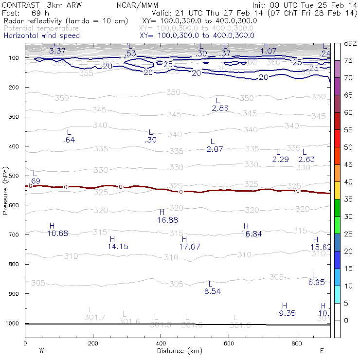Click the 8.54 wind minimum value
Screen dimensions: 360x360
click(213, 291)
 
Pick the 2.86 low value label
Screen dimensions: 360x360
click(220, 108)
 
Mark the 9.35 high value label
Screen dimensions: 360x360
click(287, 313)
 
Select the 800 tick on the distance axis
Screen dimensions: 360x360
click(297, 343)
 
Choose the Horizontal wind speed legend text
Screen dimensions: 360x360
click(41, 36)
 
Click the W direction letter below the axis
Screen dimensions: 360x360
click(42, 350)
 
